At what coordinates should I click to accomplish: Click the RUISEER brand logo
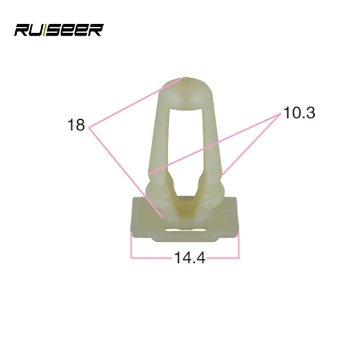click(x=58, y=30)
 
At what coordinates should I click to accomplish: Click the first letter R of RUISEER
click(x=22, y=30)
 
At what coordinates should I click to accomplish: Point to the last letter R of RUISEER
click(x=96, y=30)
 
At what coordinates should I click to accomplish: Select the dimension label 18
click(x=76, y=125)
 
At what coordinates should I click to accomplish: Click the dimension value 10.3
click(x=299, y=112)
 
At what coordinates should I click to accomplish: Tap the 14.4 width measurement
click(x=189, y=258)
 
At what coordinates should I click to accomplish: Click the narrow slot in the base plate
click(x=184, y=230)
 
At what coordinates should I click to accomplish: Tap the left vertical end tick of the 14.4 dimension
click(x=131, y=245)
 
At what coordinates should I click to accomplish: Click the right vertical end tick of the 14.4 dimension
click(x=239, y=245)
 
